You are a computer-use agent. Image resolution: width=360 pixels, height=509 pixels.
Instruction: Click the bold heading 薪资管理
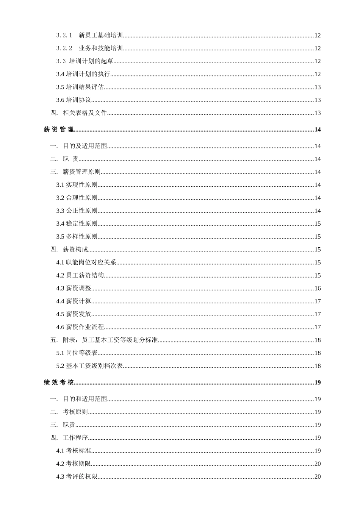(x=59, y=130)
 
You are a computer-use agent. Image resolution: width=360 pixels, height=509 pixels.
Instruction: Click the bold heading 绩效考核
(x=59, y=383)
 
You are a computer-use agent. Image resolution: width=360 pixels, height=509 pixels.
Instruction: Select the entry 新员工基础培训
(x=101, y=36)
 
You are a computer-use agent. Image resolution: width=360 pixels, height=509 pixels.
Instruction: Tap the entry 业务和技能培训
(x=101, y=48)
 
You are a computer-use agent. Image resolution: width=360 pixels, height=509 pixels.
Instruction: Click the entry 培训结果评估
(x=85, y=87)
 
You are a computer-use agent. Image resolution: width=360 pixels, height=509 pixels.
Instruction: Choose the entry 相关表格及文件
(x=85, y=113)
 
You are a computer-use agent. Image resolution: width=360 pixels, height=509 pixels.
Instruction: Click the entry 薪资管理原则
(x=82, y=172)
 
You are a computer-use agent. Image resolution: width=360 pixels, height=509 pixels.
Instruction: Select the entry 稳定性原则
(x=82, y=223)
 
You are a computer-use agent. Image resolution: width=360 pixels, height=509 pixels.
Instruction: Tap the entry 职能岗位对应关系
(x=91, y=262)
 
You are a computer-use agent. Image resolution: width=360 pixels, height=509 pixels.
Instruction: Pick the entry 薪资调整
(x=79, y=288)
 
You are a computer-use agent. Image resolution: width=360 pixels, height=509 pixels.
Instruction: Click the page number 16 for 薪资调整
(x=318, y=288)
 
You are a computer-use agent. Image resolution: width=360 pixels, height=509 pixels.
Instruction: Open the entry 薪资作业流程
(x=85, y=327)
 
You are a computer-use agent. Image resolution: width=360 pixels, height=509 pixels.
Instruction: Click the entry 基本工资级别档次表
(x=94, y=366)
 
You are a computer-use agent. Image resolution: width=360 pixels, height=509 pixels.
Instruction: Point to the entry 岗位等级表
(x=82, y=353)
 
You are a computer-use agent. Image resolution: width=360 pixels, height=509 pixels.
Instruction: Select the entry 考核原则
(x=75, y=412)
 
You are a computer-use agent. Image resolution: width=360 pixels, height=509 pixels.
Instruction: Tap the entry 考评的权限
(x=82, y=476)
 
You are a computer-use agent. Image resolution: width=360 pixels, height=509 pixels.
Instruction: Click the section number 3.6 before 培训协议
(x=60, y=100)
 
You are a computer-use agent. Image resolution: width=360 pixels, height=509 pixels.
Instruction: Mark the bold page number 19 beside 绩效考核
(x=318, y=383)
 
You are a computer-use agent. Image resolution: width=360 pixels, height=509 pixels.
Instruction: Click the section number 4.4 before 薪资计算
(x=60, y=301)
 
